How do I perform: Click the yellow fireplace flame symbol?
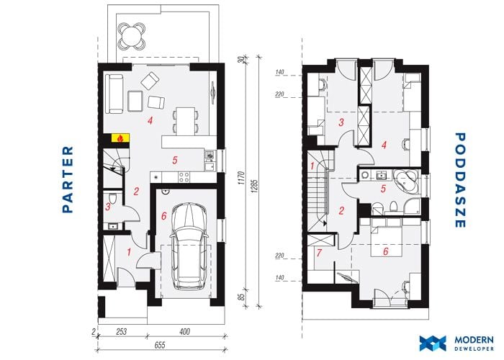pyautogui.click(x=120, y=138)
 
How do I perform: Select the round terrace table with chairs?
pyautogui.click(x=132, y=35)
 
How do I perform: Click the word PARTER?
pyautogui.click(x=68, y=179)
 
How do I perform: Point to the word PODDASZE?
pyautogui.click(x=460, y=180)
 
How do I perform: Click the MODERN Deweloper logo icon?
pyautogui.click(x=433, y=343)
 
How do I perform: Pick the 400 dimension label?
pyautogui.click(x=184, y=331)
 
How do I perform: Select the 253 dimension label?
pyautogui.click(x=121, y=331)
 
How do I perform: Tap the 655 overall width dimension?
pyautogui.click(x=160, y=345)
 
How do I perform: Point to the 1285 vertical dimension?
pyautogui.click(x=254, y=186)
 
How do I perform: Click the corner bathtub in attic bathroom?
pyautogui.click(x=407, y=182)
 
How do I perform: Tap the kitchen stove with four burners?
pyautogui.click(x=184, y=177)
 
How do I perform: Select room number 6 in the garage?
pyautogui.click(x=164, y=216)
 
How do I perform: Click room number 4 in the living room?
pyautogui.click(x=150, y=121)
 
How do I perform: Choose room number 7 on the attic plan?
pyautogui.click(x=319, y=253)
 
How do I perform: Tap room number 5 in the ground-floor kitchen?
pyautogui.click(x=175, y=160)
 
